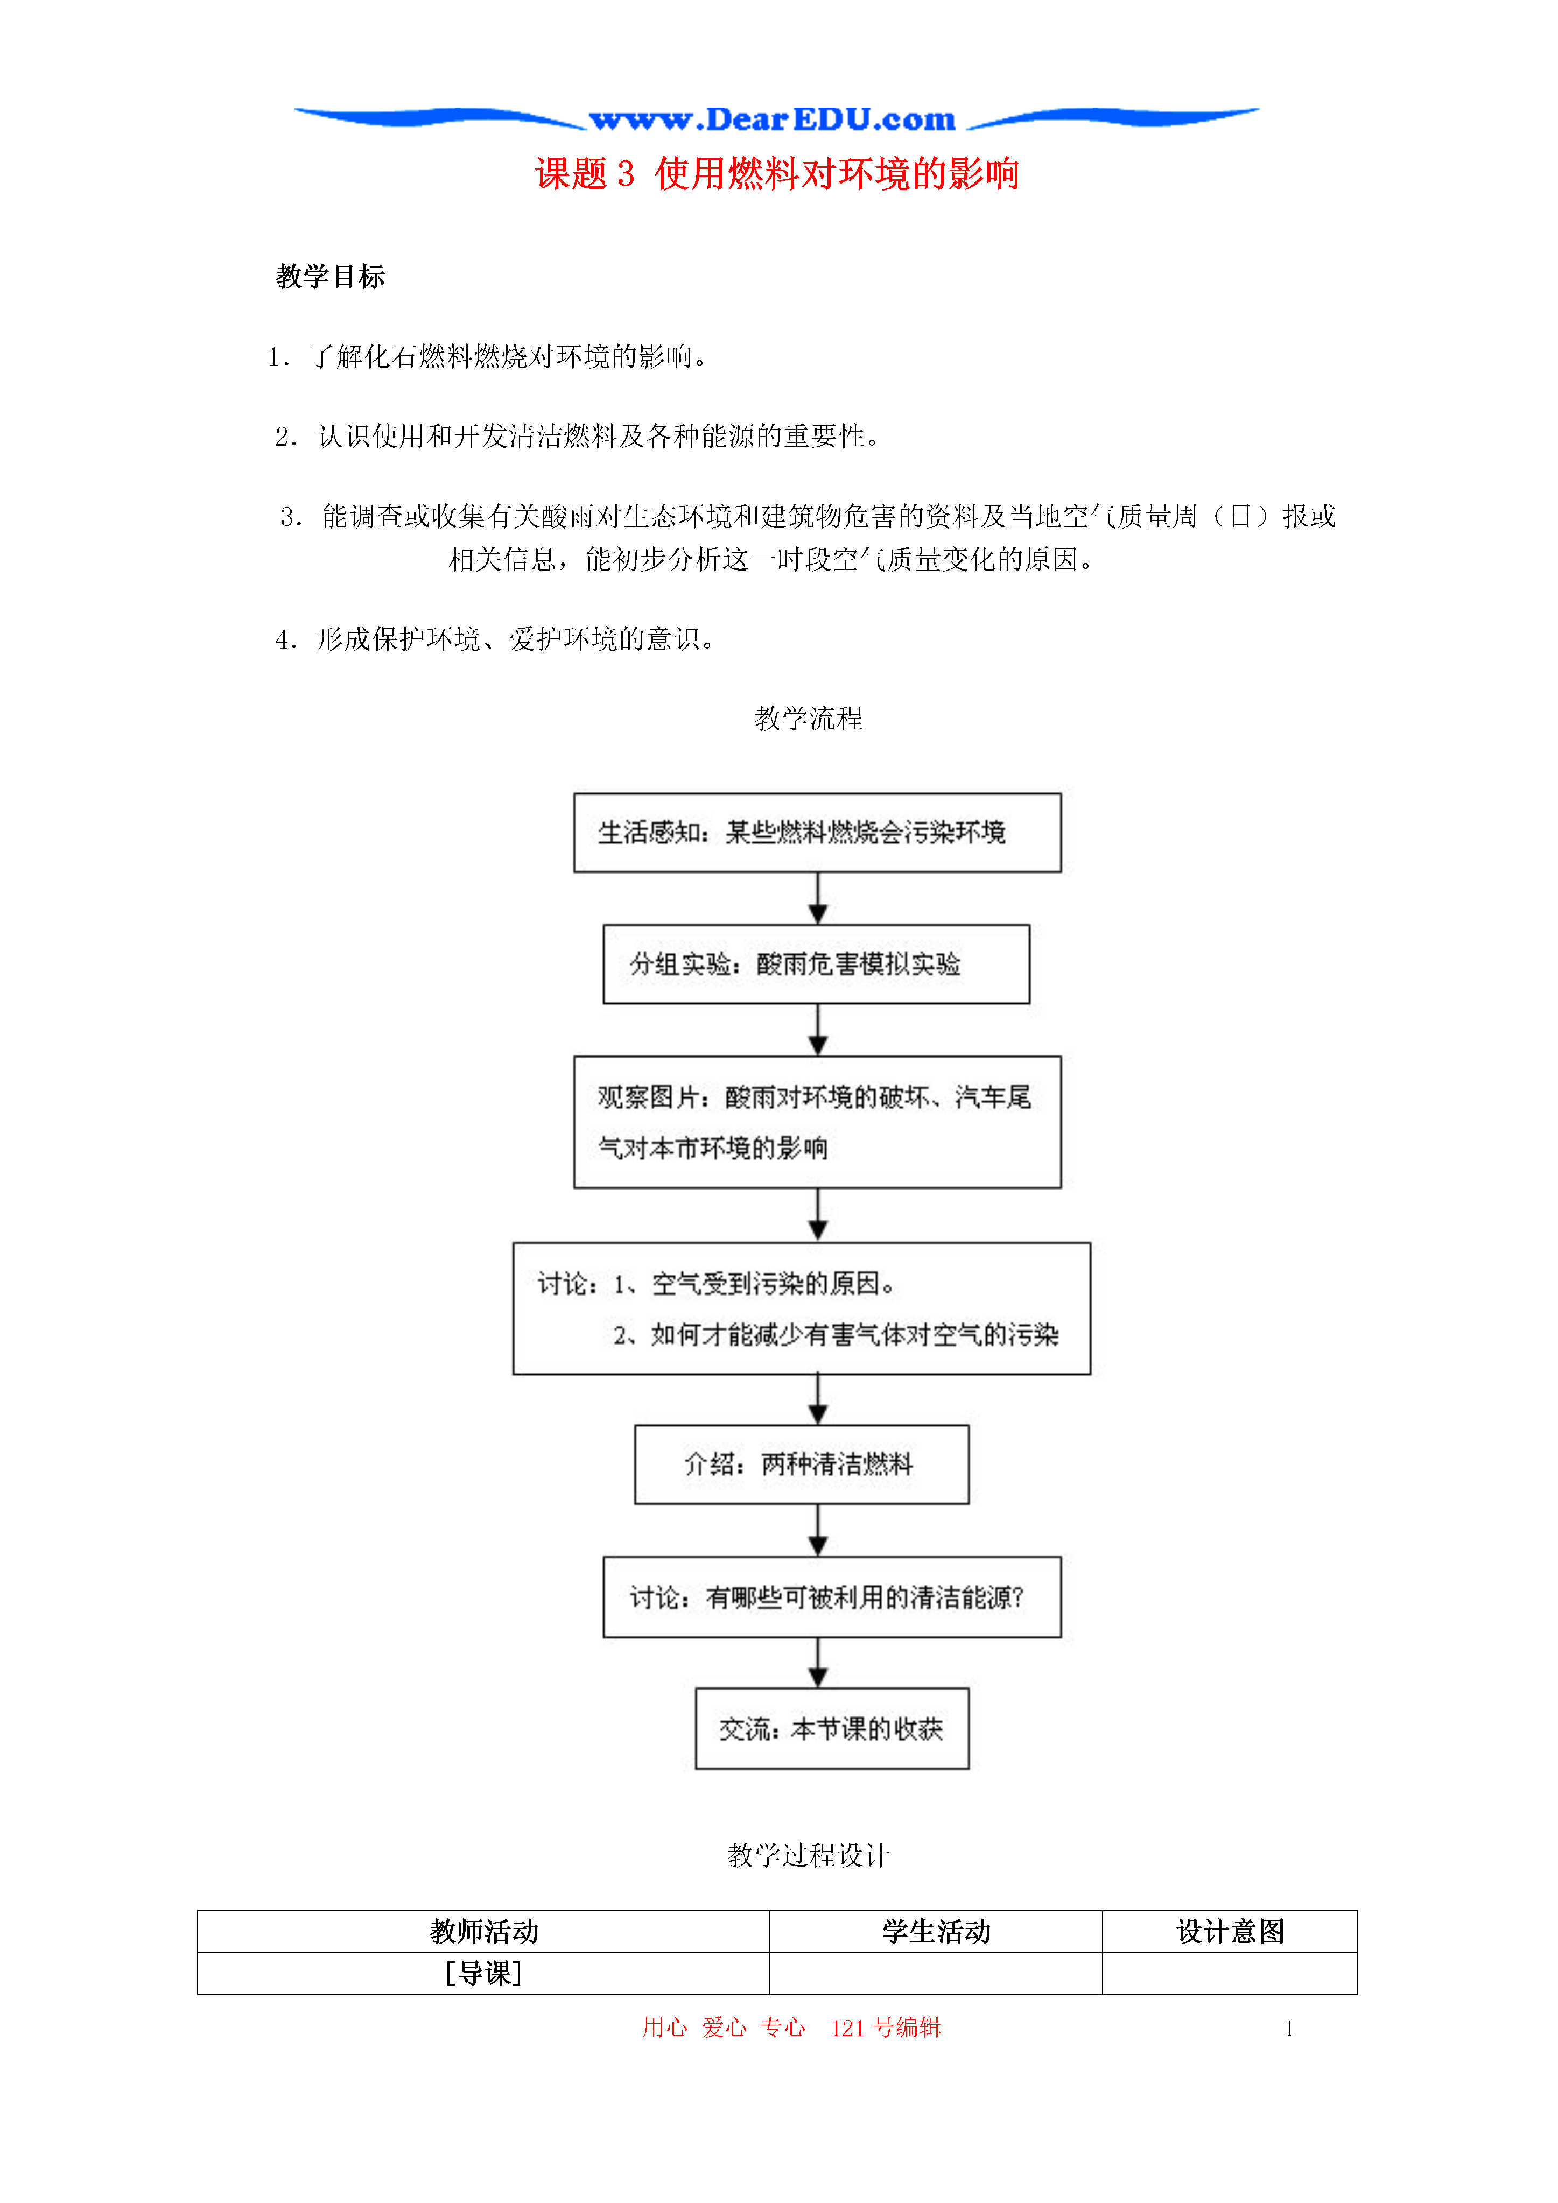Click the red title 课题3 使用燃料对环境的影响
click(x=777, y=174)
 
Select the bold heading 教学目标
click(x=330, y=276)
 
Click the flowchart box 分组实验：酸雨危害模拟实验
click(x=816, y=965)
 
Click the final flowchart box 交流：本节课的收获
click(x=832, y=1728)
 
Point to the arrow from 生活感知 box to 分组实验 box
click(x=818, y=898)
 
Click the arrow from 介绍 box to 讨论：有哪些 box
click(x=818, y=1530)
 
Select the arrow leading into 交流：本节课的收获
click(x=818, y=1663)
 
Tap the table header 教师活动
click(x=484, y=1932)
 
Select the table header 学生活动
click(x=936, y=1932)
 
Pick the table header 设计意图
click(x=1230, y=1932)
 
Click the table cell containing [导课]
click(x=484, y=1974)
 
